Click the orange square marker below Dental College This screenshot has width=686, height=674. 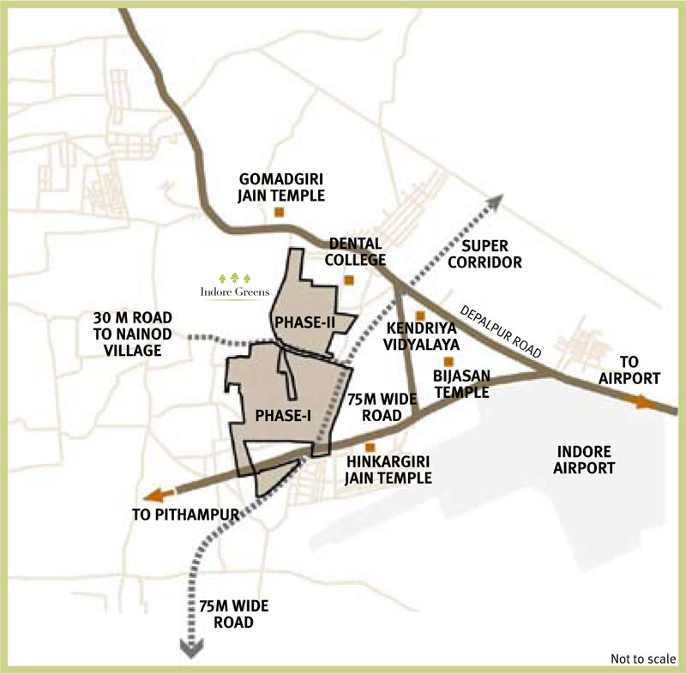(348, 280)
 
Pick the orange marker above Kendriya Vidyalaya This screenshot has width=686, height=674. (419, 315)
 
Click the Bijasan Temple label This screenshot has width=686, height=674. (460, 385)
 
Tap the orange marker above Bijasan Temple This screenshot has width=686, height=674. (448, 361)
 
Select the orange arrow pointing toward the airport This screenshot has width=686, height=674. (645, 401)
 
